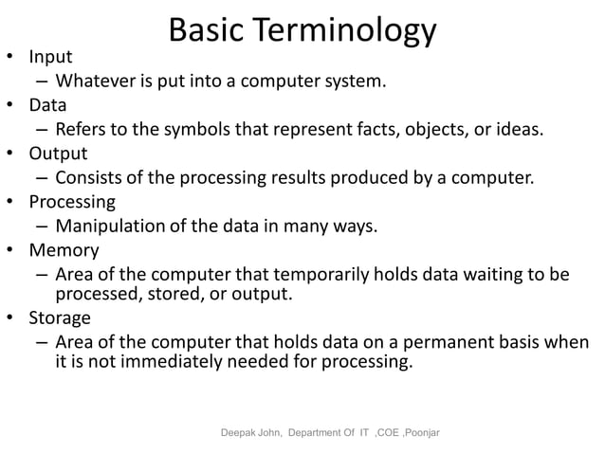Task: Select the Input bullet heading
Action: (x=50, y=56)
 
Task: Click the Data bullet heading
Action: (x=47, y=104)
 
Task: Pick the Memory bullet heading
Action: (x=64, y=250)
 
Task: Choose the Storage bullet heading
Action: (x=60, y=317)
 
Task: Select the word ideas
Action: (x=521, y=129)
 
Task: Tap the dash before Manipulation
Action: (x=44, y=226)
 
